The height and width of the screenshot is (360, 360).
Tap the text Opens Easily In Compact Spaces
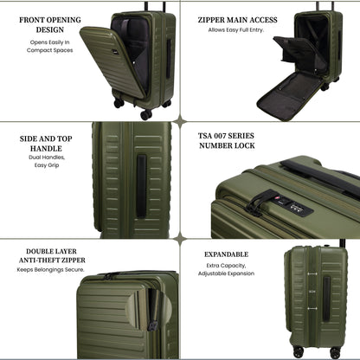(x=49, y=46)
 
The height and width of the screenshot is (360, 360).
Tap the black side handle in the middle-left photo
(x=139, y=178)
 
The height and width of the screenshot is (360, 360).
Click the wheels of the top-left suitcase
(x=144, y=110)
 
